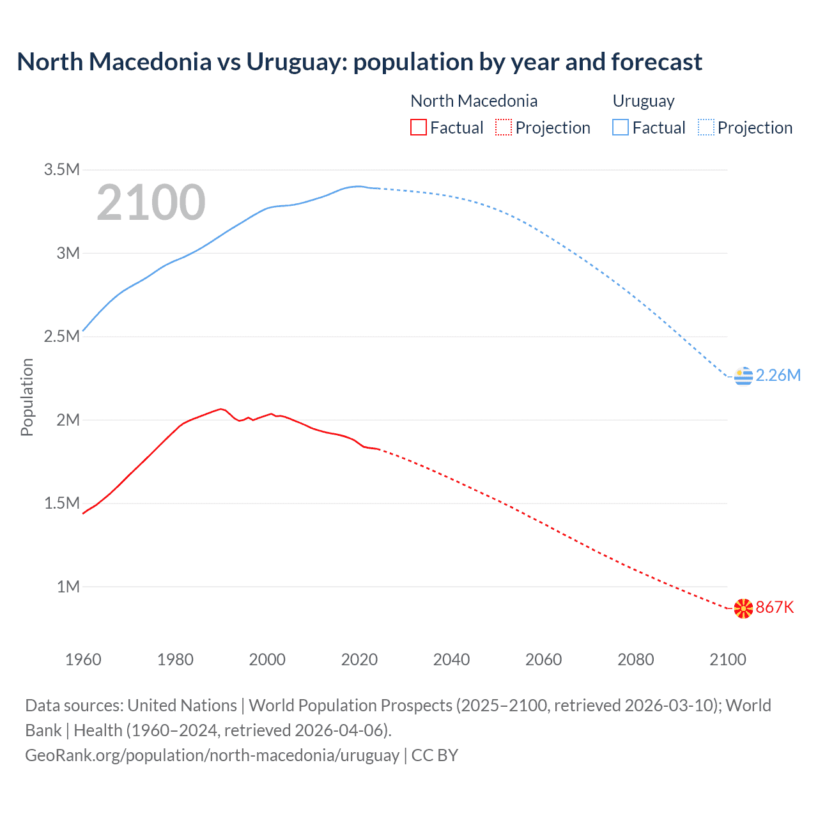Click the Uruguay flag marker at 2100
coord(743,376)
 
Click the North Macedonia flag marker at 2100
coord(743,608)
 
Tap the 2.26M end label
coord(778,375)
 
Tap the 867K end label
coord(775,607)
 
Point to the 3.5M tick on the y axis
coord(61,169)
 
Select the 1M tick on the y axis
coord(68,587)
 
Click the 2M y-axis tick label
coord(68,420)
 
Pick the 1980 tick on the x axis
coord(175,660)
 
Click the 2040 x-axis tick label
coord(451,660)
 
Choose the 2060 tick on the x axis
coord(543,660)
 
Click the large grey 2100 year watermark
coord(151,203)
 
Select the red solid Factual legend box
coord(418,128)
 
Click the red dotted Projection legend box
coord(504,128)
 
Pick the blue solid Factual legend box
coord(621,128)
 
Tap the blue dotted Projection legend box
coord(706,128)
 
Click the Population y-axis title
coord(27,397)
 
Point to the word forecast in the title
coord(656,62)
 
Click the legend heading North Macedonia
coord(474,101)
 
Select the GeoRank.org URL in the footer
coord(212,755)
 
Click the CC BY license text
coord(435,755)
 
